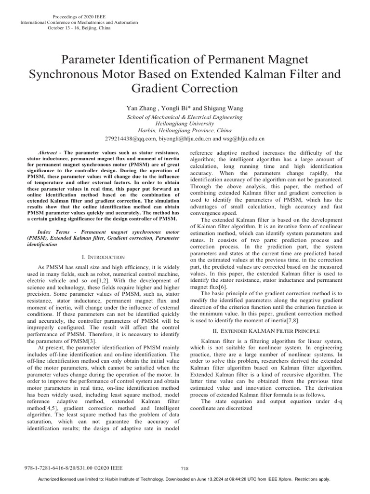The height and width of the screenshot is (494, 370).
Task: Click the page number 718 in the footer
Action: [184, 468]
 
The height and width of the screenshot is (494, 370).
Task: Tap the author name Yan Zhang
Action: [140, 109]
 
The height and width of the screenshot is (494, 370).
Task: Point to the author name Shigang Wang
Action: [214, 109]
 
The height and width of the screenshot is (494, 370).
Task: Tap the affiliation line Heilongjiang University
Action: [185, 123]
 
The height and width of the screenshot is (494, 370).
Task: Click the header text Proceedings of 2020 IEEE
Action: [79, 17]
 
